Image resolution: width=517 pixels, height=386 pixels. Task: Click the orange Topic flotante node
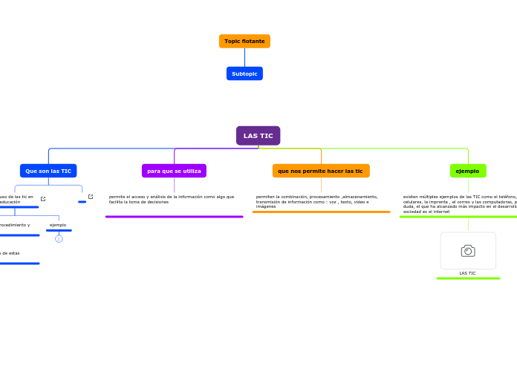(244, 41)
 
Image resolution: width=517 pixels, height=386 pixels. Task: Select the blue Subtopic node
(244, 73)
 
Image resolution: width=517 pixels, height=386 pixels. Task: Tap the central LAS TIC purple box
(258, 136)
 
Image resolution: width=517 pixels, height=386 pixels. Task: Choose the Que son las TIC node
(48, 171)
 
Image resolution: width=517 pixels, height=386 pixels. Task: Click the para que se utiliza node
(174, 171)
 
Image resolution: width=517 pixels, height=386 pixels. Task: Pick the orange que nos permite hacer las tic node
(321, 171)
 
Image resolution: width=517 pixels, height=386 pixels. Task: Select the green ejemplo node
(468, 171)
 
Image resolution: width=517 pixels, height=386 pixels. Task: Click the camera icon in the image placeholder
(468, 251)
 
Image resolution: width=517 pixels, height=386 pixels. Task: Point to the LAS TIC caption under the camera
(467, 273)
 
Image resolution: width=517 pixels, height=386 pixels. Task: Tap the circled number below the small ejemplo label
(59, 238)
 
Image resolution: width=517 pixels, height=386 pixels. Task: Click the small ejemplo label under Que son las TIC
(58, 225)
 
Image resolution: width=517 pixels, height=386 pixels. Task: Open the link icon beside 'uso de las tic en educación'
(43, 199)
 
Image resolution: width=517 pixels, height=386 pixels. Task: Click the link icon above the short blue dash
(91, 197)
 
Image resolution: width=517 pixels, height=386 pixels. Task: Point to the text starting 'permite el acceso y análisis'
(172, 199)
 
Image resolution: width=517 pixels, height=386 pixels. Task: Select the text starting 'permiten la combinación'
(317, 201)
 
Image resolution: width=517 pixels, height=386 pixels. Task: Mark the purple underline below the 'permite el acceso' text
(174, 217)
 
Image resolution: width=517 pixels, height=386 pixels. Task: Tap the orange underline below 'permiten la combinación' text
(321, 212)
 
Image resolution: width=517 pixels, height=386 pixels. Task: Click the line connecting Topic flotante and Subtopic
(244, 57)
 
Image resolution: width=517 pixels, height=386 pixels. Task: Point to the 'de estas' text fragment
(10, 253)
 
